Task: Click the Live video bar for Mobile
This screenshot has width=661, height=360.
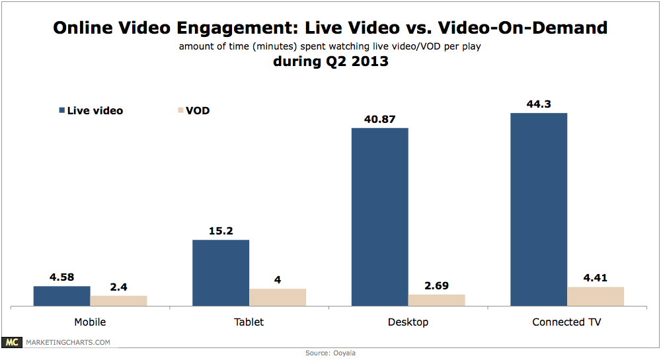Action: coord(61,296)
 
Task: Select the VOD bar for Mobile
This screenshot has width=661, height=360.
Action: coord(118,301)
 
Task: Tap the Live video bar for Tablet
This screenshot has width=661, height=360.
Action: coord(221,273)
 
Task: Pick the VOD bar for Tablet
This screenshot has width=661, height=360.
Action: coord(278,297)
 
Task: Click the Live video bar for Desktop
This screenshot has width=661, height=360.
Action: coord(379,217)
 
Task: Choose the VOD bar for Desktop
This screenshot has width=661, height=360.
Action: coord(436,300)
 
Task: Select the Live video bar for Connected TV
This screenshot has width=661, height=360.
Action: coord(539,209)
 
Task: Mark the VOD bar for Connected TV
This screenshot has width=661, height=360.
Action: coord(596,296)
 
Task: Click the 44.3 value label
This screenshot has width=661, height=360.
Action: coord(539,103)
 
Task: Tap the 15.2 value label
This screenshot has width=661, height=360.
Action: coord(221,230)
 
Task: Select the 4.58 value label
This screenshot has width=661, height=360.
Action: coord(61,276)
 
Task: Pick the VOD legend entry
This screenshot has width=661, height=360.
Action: coord(190,110)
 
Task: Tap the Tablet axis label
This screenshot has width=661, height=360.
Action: coord(249,322)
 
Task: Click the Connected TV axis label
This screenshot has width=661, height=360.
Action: coord(566,322)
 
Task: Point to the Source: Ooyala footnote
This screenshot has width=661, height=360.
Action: coord(330,353)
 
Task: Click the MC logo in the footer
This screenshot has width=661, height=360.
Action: coord(12,342)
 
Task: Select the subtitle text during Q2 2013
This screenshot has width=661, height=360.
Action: coord(330,63)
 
